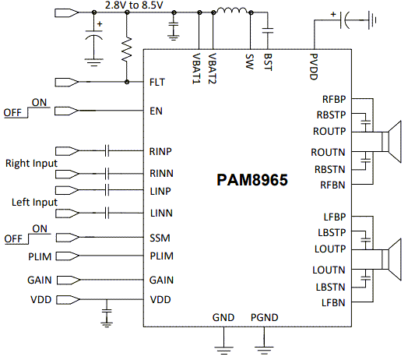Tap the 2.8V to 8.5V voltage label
point(134,5)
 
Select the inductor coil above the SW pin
point(231,12)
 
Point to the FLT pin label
point(157,81)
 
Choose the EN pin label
point(155,111)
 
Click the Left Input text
point(32,202)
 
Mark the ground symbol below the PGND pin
point(265,343)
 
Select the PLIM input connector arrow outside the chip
point(66,256)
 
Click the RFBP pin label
point(334,99)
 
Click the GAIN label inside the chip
point(161,279)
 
